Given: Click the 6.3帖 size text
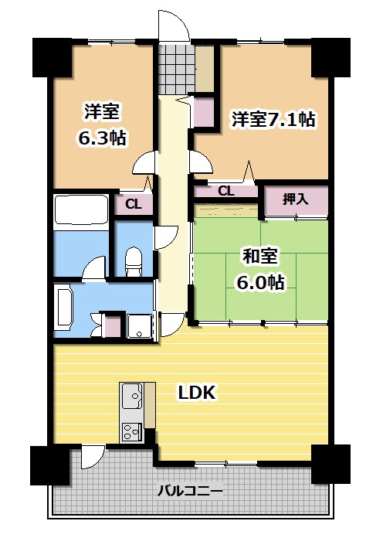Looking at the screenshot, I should [102, 138].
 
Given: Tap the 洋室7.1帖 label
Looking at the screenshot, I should [274, 121].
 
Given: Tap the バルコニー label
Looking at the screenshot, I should [191, 491].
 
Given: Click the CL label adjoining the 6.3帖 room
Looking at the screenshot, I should [133, 205].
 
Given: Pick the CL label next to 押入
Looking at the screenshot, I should [225, 191].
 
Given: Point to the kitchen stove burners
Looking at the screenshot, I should [131, 433].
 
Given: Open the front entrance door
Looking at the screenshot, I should [174, 28].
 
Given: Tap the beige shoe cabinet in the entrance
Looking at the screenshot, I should [204, 68].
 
